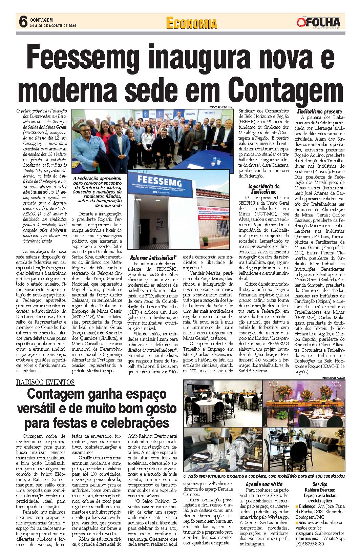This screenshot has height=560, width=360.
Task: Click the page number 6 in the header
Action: (23, 22)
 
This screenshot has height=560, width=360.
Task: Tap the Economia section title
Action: (192, 23)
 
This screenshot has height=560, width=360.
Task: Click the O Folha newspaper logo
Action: (318, 22)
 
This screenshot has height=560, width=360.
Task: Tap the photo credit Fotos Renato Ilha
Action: (221, 107)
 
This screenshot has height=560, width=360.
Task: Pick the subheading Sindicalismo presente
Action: (319, 111)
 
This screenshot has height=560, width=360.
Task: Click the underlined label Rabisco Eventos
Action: (45, 382)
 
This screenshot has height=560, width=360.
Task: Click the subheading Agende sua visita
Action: (264, 484)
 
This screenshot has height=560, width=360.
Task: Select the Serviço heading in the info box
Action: (320, 484)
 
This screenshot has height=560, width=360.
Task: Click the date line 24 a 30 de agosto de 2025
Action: (54, 26)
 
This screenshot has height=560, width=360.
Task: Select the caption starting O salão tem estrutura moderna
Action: (264, 476)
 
